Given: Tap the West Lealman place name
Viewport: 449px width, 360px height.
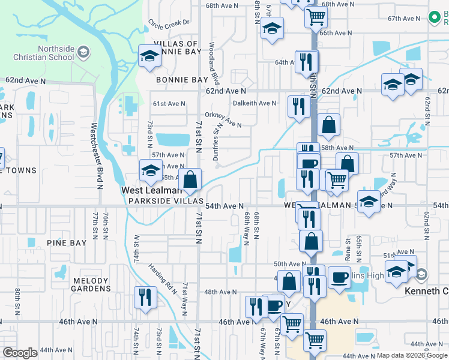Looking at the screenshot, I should (148, 190).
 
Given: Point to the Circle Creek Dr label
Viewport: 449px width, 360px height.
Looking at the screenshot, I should (169, 23).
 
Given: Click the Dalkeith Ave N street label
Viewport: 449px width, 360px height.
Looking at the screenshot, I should (255, 103).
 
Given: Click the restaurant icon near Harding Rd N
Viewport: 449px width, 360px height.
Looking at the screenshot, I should (145, 296).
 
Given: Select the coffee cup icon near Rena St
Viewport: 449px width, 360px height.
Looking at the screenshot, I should (339, 278).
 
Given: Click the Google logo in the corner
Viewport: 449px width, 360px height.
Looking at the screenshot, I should (20, 353).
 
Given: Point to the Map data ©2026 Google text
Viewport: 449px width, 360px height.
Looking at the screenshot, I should (412, 355).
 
